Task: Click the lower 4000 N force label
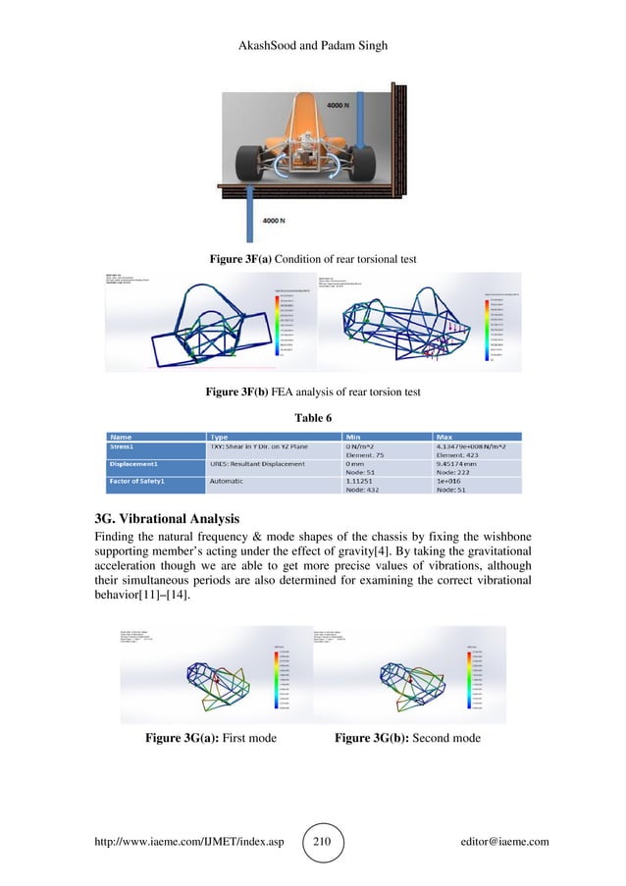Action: tap(275, 222)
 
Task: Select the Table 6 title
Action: tap(313, 415)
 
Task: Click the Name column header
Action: tap(123, 436)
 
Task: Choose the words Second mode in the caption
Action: tap(443, 737)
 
